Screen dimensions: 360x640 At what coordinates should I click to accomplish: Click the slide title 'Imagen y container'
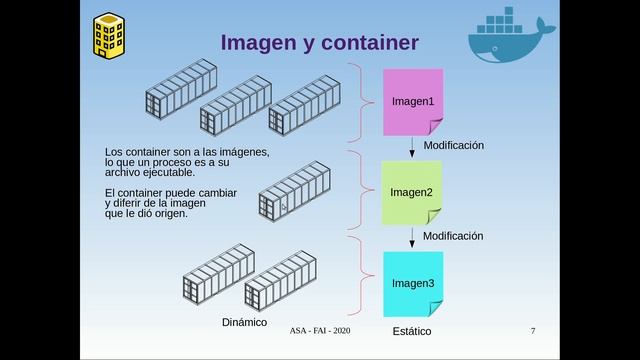[319, 42]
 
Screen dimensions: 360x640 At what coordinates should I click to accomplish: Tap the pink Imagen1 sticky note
[412, 101]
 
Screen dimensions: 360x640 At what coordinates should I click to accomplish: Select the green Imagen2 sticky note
[411, 192]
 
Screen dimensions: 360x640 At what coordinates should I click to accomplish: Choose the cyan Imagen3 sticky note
[411, 283]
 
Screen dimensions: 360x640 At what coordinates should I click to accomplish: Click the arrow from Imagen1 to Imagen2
[412, 146]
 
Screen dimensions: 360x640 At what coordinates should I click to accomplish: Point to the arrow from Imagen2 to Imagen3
[412, 238]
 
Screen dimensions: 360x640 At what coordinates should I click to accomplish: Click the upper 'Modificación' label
[453, 145]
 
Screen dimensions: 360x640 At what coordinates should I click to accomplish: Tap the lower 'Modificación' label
[453, 236]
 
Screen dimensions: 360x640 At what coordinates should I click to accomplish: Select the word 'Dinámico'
[244, 323]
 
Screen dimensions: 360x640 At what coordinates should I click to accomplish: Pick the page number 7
[533, 330]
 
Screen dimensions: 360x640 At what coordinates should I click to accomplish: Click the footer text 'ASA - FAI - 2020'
[320, 330]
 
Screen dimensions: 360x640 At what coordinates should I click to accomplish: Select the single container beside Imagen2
[294, 192]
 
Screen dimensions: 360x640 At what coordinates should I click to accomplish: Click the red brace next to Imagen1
[356, 101]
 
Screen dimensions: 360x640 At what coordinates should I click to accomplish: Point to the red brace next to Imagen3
[356, 270]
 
